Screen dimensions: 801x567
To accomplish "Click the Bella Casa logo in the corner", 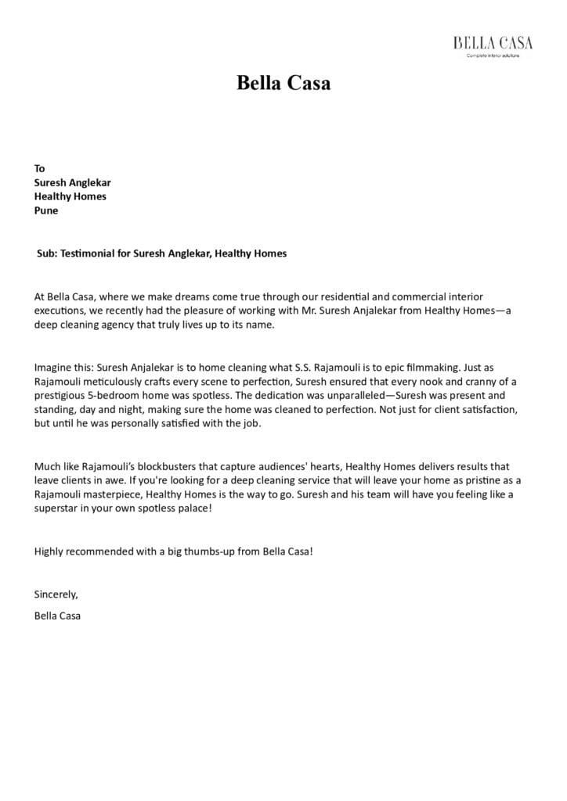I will click(493, 45).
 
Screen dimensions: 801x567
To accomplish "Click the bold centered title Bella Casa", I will click(283, 83).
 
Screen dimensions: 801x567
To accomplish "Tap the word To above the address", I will click(40, 168).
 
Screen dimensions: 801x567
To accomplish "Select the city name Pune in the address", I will click(46, 210).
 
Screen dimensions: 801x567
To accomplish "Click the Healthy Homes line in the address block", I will click(70, 196).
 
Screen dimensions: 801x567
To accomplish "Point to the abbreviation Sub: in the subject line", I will click(48, 253).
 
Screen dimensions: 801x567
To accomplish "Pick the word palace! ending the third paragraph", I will click(193, 509).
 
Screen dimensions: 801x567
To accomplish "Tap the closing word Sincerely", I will click(56, 594).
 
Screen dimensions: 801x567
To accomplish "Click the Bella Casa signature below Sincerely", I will click(57, 616).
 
